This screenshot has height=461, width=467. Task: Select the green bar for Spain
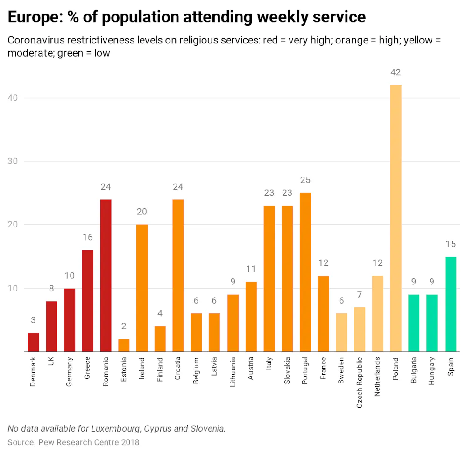click(450, 304)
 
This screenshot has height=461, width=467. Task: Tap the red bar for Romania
click(106, 276)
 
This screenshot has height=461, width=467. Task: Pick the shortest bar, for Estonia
click(124, 345)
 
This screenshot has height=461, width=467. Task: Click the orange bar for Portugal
click(305, 272)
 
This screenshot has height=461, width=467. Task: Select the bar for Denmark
click(33, 342)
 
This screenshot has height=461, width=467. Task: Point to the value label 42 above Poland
click(396, 72)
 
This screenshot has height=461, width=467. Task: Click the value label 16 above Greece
click(87, 238)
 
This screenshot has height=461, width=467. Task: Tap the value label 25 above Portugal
click(305, 180)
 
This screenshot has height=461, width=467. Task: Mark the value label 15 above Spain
click(450, 244)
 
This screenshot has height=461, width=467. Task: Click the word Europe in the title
click(33, 17)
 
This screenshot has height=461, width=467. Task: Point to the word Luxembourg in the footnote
click(114, 428)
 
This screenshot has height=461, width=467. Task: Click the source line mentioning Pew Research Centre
click(73, 442)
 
